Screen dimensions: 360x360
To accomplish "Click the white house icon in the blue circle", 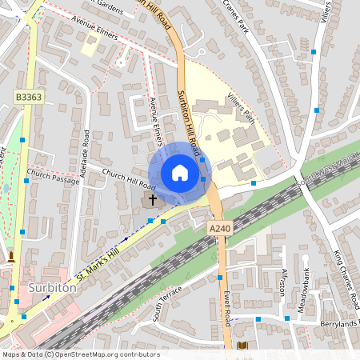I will tap(180, 173).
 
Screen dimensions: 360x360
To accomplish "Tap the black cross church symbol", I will tap(152, 199).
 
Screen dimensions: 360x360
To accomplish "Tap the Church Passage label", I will tap(53, 176).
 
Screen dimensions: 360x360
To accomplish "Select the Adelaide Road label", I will tap(83, 151).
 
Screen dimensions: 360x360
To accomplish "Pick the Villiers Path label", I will tap(239, 107).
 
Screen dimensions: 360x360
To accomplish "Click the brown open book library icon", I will tap(242, 346).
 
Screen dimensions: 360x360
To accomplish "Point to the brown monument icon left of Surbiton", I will tap(11, 258).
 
